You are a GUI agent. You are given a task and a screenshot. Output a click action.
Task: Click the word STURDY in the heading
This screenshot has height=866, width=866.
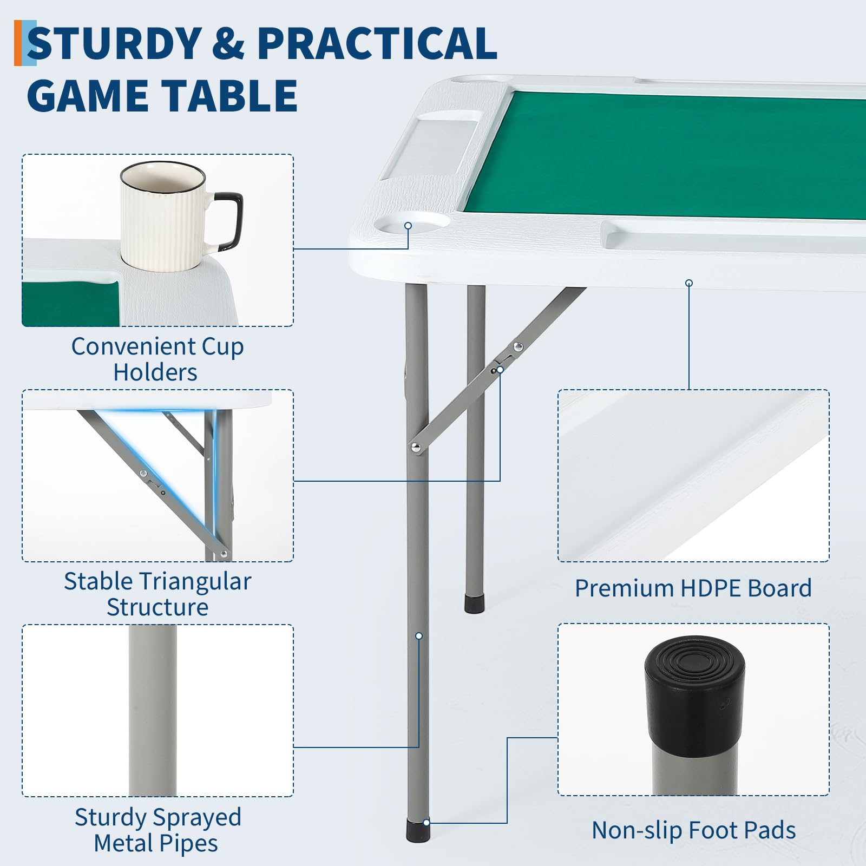(114, 43)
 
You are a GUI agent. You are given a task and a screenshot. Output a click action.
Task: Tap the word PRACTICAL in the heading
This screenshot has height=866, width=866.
(377, 43)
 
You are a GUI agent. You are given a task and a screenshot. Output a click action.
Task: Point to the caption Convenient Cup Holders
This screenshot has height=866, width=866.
(157, 359)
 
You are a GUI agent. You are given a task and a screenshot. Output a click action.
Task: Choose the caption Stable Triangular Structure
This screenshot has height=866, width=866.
(158, 594)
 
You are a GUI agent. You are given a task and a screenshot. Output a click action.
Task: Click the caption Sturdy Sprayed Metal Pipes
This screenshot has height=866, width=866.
(157, 830)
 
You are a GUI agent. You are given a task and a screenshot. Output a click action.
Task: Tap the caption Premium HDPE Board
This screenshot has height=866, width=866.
(693, 588)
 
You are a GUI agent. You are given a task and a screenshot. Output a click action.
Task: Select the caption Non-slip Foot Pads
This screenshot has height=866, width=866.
(694, 830)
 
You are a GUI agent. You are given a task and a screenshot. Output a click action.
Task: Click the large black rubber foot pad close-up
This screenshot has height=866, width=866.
(695, 696)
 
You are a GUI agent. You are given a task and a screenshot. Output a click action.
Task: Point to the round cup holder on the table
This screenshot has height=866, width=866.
(413, 222)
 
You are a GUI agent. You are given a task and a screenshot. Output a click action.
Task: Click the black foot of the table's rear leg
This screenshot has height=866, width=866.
(475, 604)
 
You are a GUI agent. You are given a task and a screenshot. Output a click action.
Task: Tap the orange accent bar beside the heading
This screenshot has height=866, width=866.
(18, 43)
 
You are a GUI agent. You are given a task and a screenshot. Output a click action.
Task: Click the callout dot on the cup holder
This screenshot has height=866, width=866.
(408, 226)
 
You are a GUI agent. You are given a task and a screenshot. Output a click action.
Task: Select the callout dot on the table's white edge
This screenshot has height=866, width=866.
(689, 283)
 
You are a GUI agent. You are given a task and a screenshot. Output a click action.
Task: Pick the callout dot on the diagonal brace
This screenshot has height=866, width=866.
(500, 370)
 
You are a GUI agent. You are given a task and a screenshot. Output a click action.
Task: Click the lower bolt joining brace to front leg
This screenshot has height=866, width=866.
(416, 447)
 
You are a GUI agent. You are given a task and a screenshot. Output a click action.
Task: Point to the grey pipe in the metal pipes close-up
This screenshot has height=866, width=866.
(153, 710)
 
